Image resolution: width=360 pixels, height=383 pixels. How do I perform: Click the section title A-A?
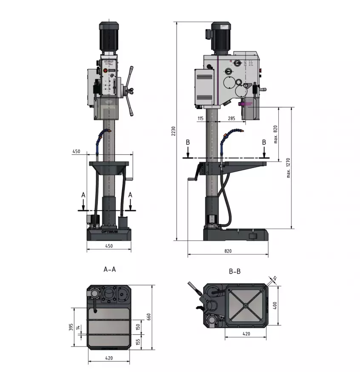click(x=110, y=269)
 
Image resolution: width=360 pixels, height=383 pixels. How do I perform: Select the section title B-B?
click(x=234, y=271)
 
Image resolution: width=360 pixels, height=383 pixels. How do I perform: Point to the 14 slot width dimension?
click(x=77, y=328)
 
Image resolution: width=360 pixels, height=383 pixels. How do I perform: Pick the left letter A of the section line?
click(x=83, y=194)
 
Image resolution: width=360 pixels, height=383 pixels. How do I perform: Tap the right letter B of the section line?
click(x=264, y=142)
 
